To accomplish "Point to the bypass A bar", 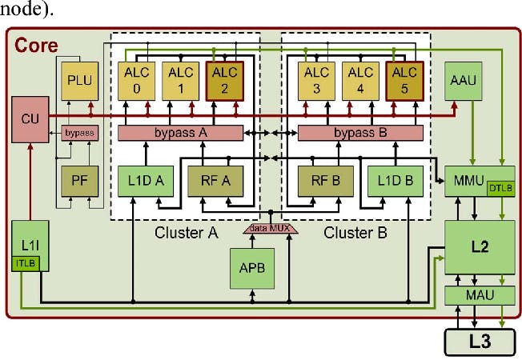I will point(180,133).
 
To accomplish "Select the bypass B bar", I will point(359,133).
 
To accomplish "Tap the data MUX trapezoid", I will point(270,230).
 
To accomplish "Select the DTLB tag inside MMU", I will point(501,188).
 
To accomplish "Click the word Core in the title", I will point(36,46).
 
